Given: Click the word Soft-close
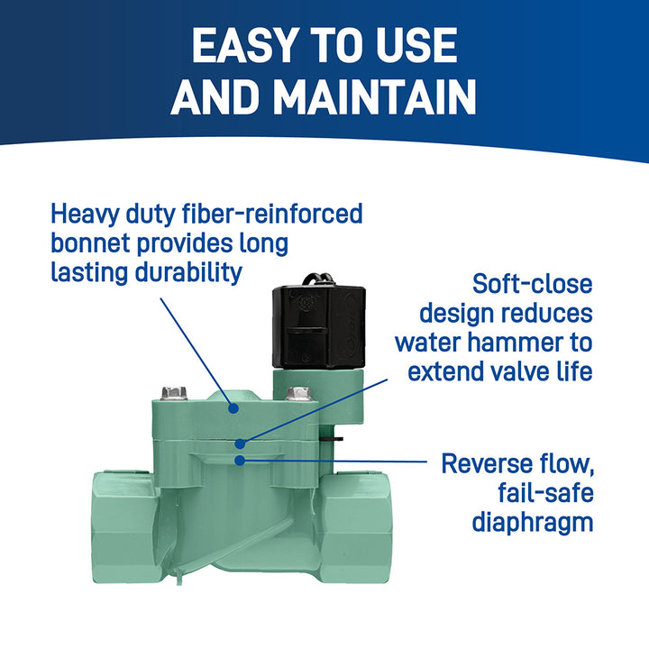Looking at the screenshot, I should pos(533,285).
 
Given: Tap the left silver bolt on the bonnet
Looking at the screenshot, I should pos(175,393).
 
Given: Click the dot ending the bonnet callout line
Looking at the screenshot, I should pos(233,407).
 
